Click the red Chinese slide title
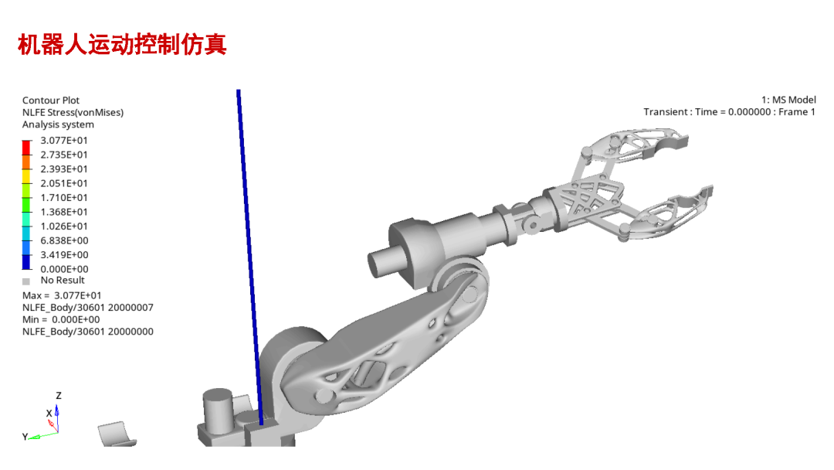click(x=122, y=44)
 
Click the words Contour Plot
click(x=50, y=100)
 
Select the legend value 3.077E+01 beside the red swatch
click(x=64, y=141)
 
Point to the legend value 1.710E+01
click(x=64, y=197)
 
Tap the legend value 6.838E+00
click(x=64, y=240)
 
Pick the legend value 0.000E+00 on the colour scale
click(x=64, y=269)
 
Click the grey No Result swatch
click(x=26, y=281)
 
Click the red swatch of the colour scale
click(x=26, y=148)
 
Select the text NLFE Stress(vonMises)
click(x=73, y=112)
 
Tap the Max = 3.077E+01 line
click(x=62, y=295)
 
